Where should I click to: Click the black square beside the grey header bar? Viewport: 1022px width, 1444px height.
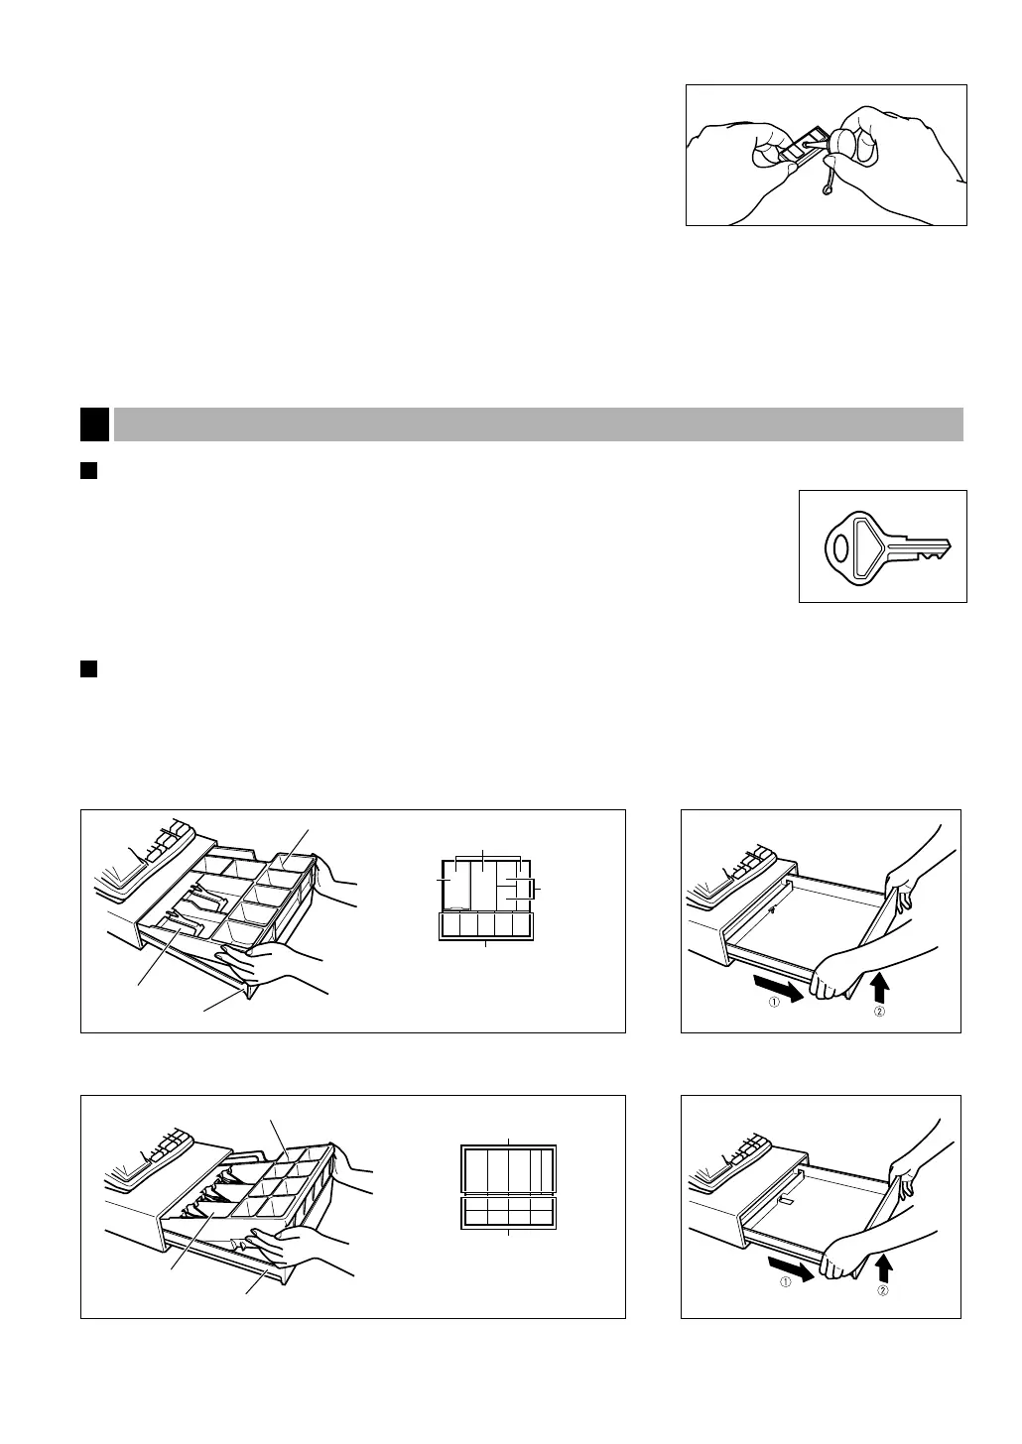coord(94,424)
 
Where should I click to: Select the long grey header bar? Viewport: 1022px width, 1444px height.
coord(539,424)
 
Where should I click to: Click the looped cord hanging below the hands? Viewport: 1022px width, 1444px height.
coord(827,182)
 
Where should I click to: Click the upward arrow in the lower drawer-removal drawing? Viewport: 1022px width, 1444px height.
coord(884,1265)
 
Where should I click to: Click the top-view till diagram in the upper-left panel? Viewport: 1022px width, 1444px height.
coord(485,899)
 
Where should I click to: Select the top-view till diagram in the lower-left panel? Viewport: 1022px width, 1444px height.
coord(509,1186)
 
